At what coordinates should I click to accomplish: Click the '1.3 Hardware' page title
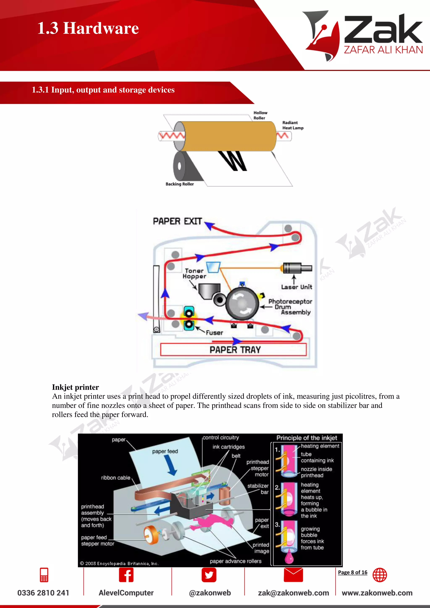click(x=88, y=28)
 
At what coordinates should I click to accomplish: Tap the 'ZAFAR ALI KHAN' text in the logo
click(x=383, y=50)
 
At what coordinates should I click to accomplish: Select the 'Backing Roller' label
click(x=180, y=184)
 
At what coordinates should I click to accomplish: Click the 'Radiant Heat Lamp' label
click(x=292, y=125)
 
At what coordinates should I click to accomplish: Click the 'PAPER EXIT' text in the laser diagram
click(x=177, y=221)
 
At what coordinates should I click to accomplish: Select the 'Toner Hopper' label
click(x=194, y=273)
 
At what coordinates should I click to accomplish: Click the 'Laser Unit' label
click(x=296, y=287)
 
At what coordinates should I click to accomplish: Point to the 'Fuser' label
click(x=214, y=333)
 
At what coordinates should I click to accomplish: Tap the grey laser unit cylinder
click(x=294, y=268)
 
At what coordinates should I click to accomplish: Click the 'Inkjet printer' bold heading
click(x=75, y=387)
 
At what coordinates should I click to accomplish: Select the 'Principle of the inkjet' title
click(x=307, y=438)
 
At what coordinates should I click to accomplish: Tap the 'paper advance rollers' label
click(x=235, y=561)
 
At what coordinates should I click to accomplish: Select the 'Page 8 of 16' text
click(x=353, y=572)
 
